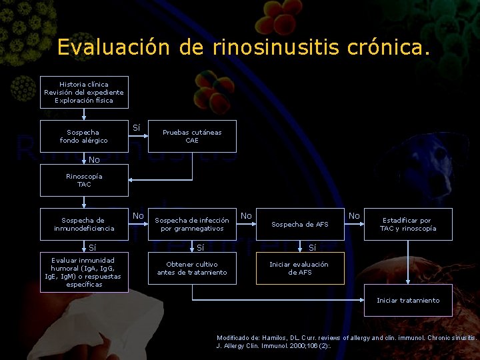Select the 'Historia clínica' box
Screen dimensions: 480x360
[84, 93]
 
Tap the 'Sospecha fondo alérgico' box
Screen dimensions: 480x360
[84, 137]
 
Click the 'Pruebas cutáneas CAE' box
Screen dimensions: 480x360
[192, 137]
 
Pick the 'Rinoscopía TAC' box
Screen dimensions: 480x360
[84, 180]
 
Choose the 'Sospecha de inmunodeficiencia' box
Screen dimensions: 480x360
[84, 225]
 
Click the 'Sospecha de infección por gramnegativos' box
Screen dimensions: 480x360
[192, 225]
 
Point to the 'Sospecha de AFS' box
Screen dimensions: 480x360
[300, 225]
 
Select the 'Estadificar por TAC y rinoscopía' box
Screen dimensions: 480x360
[408, 225]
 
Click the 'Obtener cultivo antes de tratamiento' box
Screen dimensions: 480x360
[192, 269]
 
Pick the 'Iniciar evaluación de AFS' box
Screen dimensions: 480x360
[300, 269]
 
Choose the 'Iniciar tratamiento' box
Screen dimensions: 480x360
[408, 300]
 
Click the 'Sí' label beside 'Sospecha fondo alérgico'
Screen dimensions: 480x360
[137, 127]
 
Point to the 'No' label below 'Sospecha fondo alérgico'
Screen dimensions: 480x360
[94, 159]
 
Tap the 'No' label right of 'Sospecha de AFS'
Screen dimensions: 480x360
[354, 215]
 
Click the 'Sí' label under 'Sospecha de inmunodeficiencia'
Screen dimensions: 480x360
[93, 248]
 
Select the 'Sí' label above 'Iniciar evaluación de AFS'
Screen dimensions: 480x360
[312, 248]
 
